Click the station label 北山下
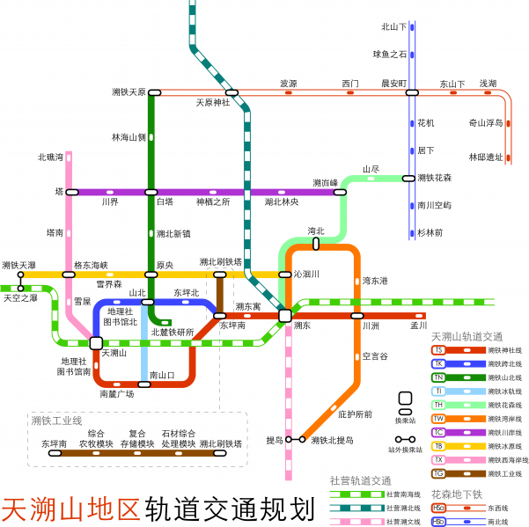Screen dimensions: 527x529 coord(394,27)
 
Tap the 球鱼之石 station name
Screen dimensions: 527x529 coord(390,54)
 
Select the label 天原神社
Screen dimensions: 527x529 coord(212,103)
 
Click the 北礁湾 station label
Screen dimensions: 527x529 coord(50,157)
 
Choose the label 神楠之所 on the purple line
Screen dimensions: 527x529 coord(212,201)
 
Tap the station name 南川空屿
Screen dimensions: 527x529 coord(433,205)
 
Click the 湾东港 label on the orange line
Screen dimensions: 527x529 coord(375,281)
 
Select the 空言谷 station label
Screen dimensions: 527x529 coord(375,355)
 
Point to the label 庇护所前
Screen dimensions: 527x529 coord(355,414)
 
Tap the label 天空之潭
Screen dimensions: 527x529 coord(20,298)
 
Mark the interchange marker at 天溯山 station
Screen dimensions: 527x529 coord(96,342)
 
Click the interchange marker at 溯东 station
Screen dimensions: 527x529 coord(285,315)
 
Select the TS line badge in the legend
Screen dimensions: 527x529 coord(438,350)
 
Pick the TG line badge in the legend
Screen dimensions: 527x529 coord(438,472)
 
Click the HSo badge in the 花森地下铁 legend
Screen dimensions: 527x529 coord(438,508)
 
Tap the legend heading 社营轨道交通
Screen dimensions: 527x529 coord(360,480)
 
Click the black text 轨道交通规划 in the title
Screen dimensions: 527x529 coord(231,509)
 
